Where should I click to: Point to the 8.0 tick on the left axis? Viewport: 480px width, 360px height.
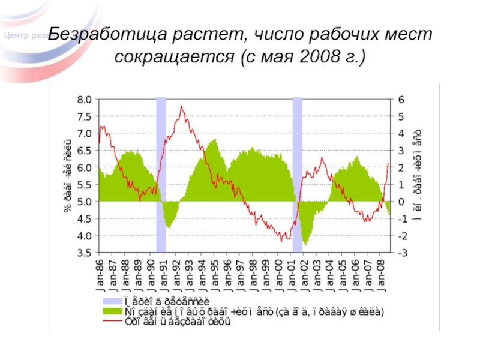[x=84, y=98]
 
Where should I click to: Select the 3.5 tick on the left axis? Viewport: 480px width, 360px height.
[x=84, y=253]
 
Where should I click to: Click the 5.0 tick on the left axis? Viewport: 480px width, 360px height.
[x=84, y=202]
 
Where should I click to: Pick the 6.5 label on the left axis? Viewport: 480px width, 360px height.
[x=84, y=150]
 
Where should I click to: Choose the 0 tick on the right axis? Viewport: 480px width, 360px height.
[x=401, y=202]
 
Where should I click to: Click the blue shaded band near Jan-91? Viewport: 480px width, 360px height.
[x=161, y=174]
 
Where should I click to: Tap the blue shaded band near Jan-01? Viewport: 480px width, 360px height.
[x=297, y=174]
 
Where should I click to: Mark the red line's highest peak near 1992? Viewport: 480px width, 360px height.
[x=181, y=107]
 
